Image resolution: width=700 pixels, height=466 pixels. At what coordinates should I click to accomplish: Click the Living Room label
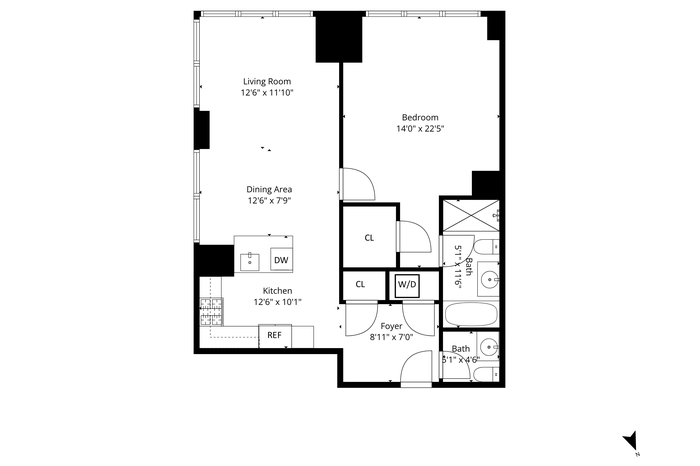(267, 81)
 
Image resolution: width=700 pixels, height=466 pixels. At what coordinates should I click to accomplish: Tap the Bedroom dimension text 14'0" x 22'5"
(420, 129)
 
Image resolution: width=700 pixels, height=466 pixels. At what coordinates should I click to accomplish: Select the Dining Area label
(269, 189)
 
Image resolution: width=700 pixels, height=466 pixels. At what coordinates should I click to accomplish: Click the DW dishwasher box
(281, 260)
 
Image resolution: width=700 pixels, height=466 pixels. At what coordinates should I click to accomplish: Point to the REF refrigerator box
(275, 335)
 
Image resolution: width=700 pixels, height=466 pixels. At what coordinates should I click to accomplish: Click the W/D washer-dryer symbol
(407, 286)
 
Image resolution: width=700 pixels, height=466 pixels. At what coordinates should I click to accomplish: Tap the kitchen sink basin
(250, 262)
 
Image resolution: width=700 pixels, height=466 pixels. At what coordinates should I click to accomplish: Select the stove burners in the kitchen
(211, 312)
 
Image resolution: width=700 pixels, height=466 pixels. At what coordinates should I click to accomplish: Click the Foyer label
(392, 326)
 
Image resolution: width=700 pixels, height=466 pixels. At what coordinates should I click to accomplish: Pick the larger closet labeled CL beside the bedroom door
(369, 236)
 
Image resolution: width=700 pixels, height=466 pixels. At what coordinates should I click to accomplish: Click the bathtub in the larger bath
(471, 315)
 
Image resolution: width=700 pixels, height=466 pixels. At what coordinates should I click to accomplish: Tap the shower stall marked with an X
(470, 216)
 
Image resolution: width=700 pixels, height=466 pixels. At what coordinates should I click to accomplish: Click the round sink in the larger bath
(490, 280)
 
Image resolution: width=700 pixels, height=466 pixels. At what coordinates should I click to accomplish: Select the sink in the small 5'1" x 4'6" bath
(489, 346)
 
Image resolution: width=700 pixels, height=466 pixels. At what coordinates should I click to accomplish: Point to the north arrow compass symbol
(632, 441)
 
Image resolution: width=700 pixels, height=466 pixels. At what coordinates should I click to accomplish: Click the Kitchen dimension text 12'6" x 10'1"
(278, 302)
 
